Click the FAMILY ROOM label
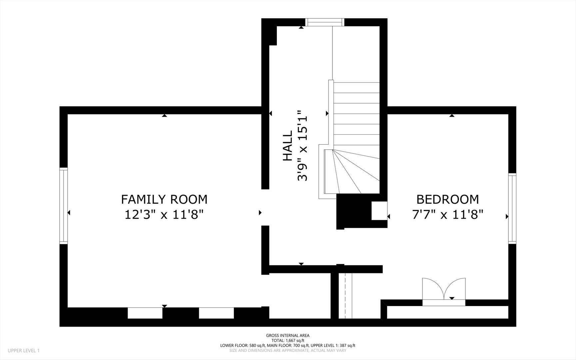pos(164,199)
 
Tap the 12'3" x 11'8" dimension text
pos(164,214)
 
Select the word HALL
pos(287,146)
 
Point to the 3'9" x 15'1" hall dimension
pos(302,146)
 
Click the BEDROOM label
pos(448,199)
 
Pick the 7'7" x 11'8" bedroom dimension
pos(448,214)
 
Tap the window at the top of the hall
pos(325,22)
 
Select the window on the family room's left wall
pos(64,206)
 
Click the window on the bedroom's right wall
pos(512,208)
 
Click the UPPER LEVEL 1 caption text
pos(24,351)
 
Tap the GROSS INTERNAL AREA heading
pos(288,336)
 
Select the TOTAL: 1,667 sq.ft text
pos(288,341)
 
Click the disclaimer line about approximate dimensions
pos(288,351)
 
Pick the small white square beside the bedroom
pos(379,211)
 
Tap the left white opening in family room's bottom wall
pos(145,313)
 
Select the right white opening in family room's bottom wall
pos(216,313)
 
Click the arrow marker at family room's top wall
pos(164,115)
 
